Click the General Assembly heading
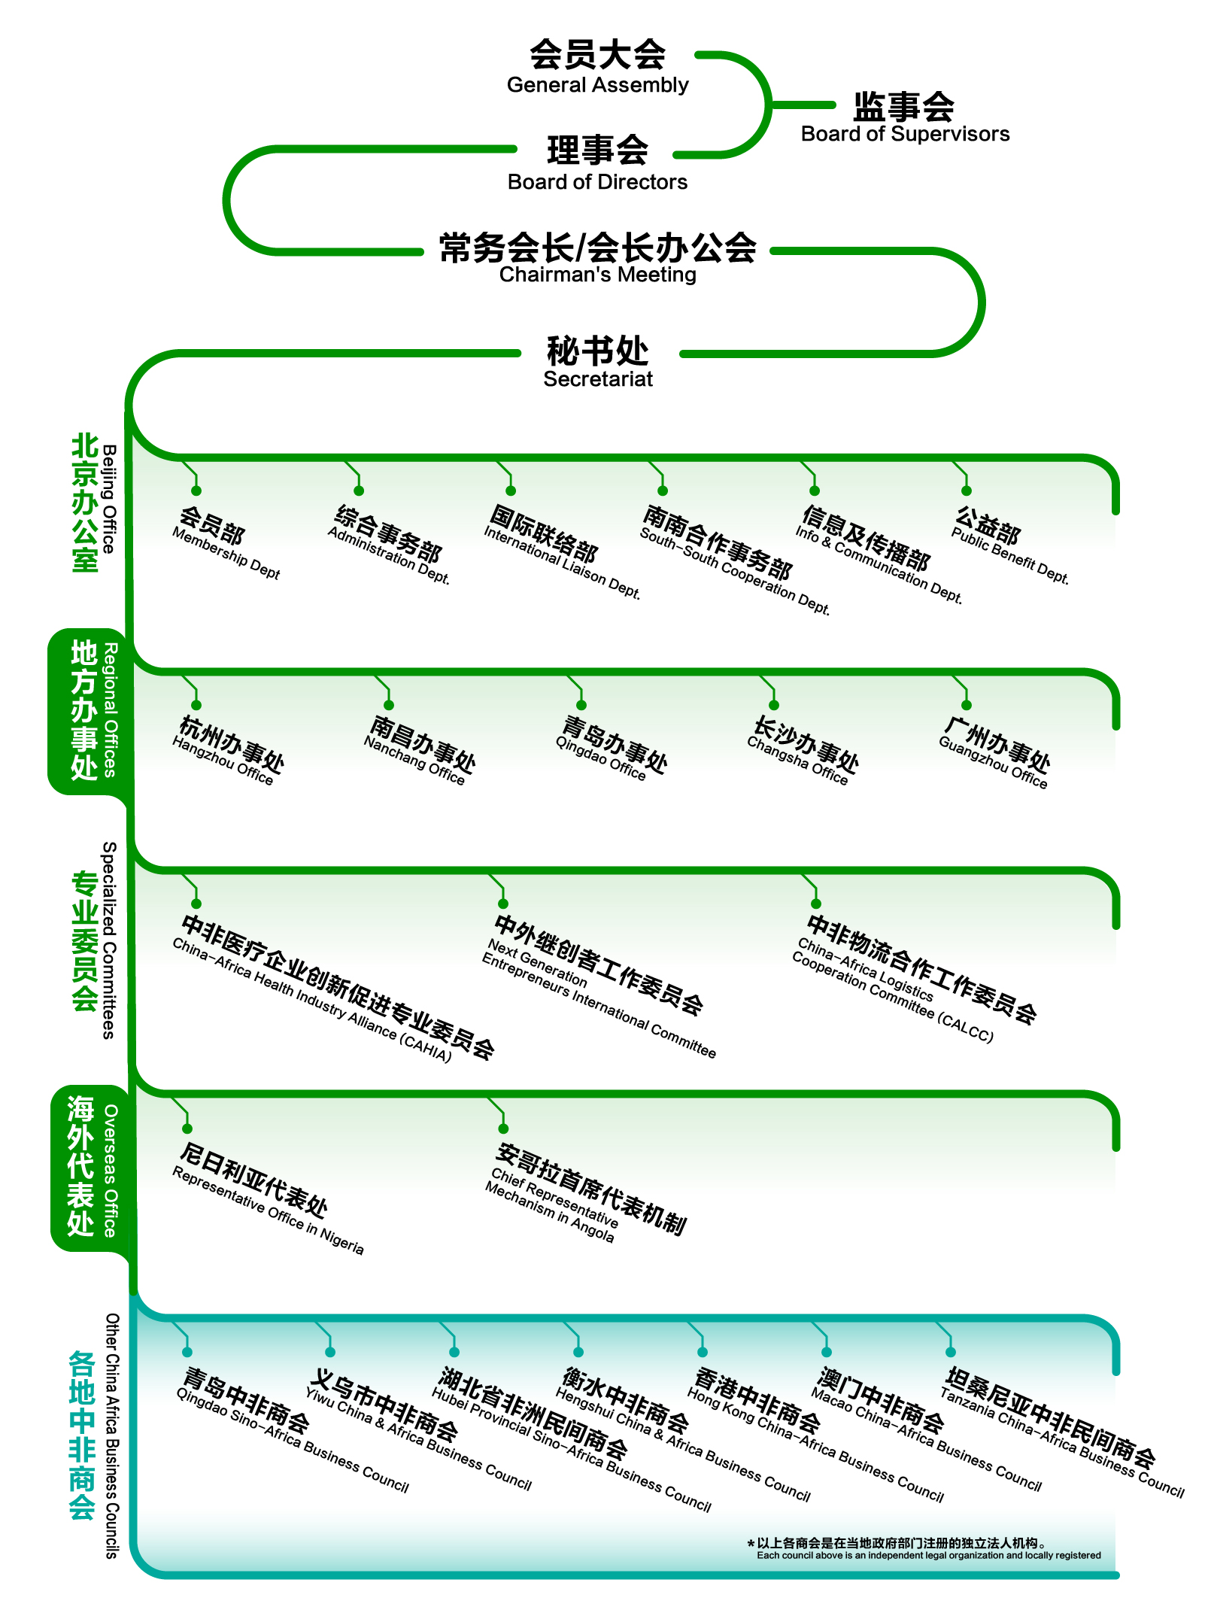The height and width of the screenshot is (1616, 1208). (x=597, y=65)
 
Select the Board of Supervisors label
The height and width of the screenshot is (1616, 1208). (x=905, y=117)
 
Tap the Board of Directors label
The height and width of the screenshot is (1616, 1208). (x=597, y=163)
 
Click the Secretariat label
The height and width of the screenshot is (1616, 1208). (x=598, y=361)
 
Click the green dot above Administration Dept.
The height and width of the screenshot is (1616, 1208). (x=359, y=491)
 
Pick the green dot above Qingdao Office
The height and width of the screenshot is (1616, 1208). (x=581, y=705)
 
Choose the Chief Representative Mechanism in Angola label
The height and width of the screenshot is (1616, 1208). (x=587, y=1192)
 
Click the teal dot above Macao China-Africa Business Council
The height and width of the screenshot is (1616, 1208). (x=827, y=1353)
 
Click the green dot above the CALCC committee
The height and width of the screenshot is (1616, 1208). (x=816, y=904)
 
